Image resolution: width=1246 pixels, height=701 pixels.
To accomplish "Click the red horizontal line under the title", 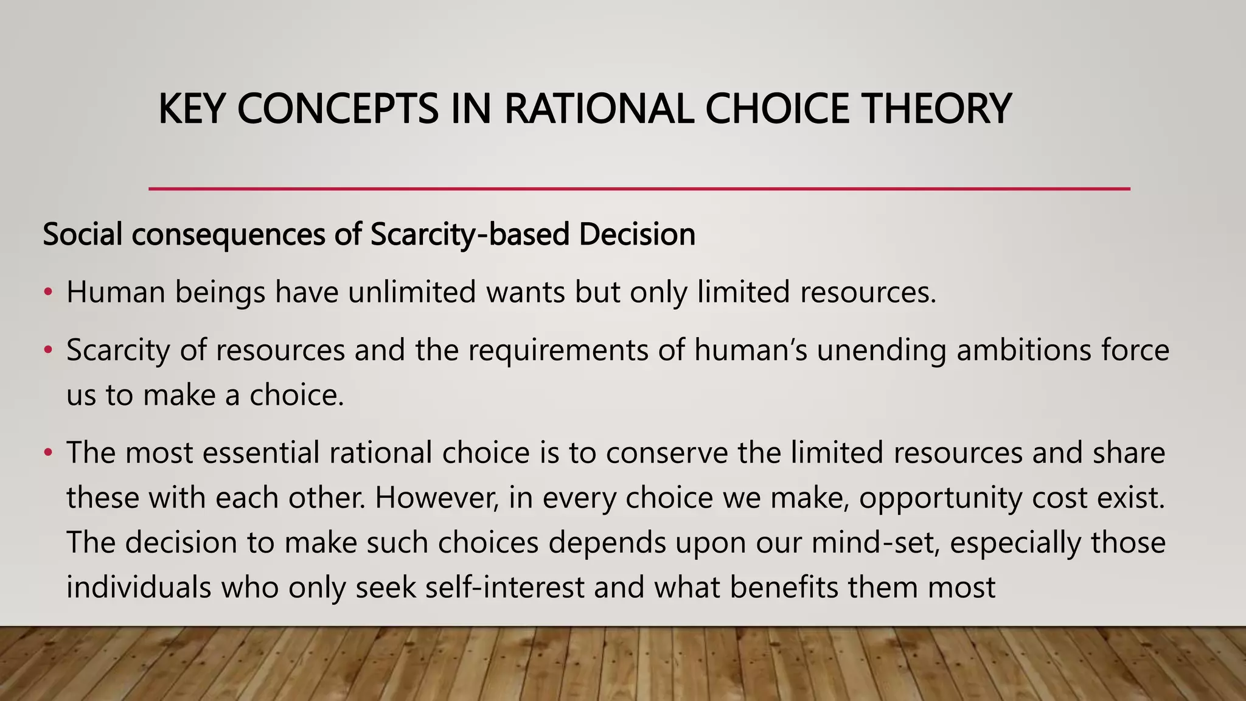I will pyautogui.click(x=639, y=189).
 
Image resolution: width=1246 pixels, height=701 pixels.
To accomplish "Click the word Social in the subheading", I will pyautogui.click(x=82, y=235).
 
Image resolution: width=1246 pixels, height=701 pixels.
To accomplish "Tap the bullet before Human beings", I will pyautogui.click(x=48, y=293).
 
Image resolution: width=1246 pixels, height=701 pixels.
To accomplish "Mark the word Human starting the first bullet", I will pyautogui.click(x=116, y=292).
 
